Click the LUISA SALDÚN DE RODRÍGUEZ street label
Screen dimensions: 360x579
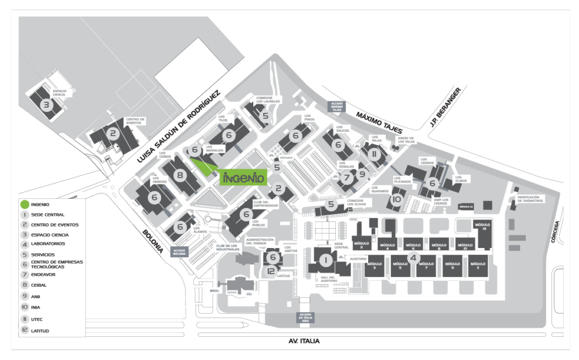pyautogui.click(x=179, y=125)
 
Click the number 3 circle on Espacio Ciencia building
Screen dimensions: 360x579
pyautogui.click(x=46, y=105)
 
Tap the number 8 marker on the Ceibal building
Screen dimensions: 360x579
pyautogui.click(x=180, y=175)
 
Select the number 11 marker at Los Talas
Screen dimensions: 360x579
pyautogui.click(x=373, y=153)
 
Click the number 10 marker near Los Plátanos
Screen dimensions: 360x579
pyautogui.click(x=397, y=199)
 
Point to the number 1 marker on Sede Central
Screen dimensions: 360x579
pyautogui.click(x=325, y=260)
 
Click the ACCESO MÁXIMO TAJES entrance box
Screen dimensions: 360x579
pyautogui.click(x=337, y=106)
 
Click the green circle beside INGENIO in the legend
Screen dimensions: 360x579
pyautogui.click(x=24, y=204)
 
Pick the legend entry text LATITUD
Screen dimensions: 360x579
pyautogui.click(x=41, y=331)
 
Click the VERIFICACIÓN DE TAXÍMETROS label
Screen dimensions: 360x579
pyautogui.click(x=530, y=199)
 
